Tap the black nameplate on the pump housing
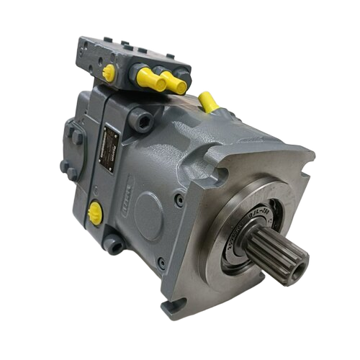[x=109, y=149]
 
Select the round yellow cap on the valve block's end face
[x=109, y=72]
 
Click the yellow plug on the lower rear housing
[x=95, y=212]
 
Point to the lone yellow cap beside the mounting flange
[x=208, y=102]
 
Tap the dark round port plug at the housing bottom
[x=114, y=245]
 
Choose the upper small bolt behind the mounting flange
[x=179, y=201]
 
